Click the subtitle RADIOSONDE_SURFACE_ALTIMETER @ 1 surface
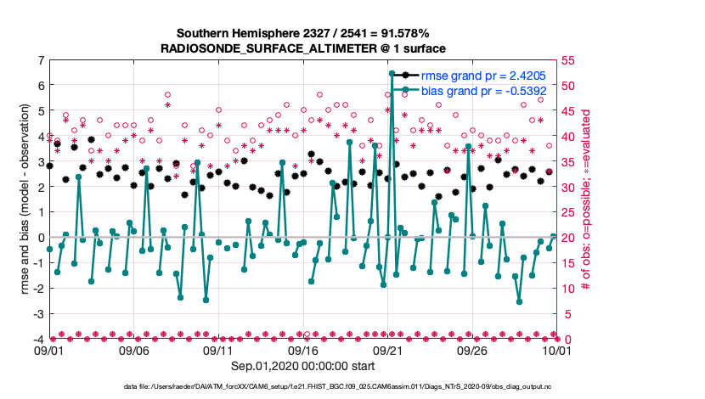pos(303,48)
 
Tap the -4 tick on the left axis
pos(38,340)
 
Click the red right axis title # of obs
pos(587,199)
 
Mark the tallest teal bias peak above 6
pos(392,74)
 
